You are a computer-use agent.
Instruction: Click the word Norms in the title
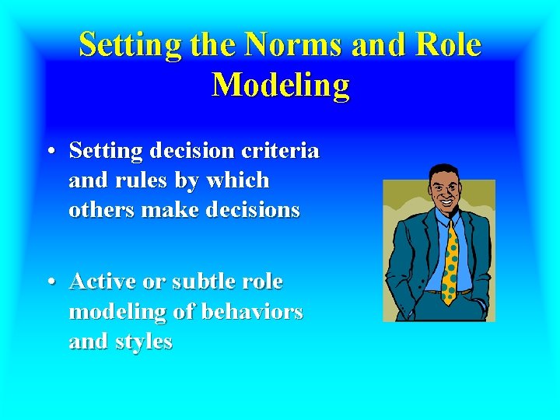pyautogui.click(x=294, y=45)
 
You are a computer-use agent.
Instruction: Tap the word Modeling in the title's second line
pyautogui.click(x=281, y=85)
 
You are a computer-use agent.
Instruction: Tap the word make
pyautogui.click(x=163, y=210)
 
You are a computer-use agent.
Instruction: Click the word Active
pyautogui.click(x=101, y=281)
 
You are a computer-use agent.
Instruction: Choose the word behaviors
pyautogui.click(x=251, y=311)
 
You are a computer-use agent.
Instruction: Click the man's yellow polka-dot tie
pyautogui.click(x=449, y=261)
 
